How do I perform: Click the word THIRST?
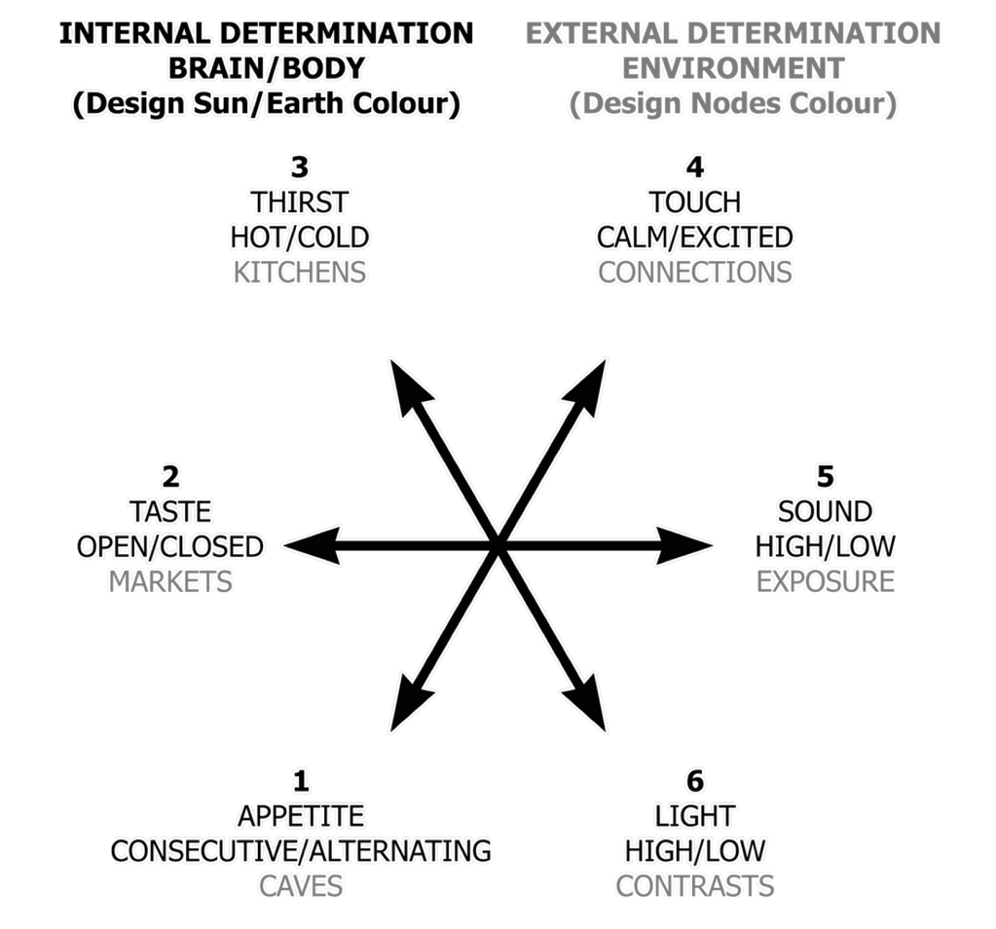pos(300,203)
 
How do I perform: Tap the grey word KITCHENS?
pos(300,272)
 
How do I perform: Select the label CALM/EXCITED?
pos(695,237)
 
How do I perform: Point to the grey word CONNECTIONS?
pos(695,272)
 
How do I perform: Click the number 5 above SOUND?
pos(826,476)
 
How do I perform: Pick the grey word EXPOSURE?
pos(826,581)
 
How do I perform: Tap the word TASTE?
pos(170,511)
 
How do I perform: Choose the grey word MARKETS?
pos(170,581)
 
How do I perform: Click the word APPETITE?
pos(301,815)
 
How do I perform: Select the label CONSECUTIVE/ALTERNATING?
pos(301,850)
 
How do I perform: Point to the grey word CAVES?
pos(301,886)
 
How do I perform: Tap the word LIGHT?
pos(695,815)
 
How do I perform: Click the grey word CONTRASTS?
pos(695,886)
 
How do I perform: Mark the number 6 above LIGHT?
pos(695,781)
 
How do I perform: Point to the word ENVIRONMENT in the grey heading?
pos(733,68)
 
